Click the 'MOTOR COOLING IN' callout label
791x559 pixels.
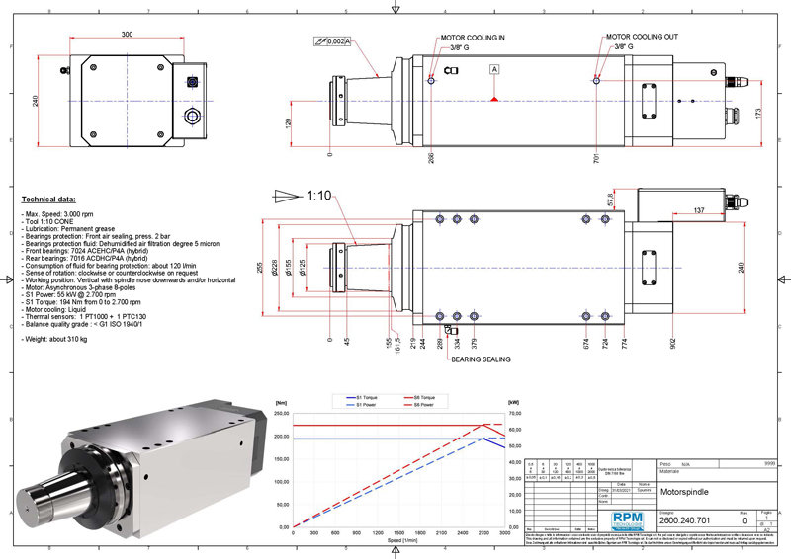click(474, 37)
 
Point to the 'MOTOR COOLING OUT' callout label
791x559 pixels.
click(642, 37)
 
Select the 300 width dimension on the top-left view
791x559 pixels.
click(129, 34)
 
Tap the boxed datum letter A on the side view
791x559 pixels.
click(493, 69)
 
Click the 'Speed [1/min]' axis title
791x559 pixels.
click(403, 539)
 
